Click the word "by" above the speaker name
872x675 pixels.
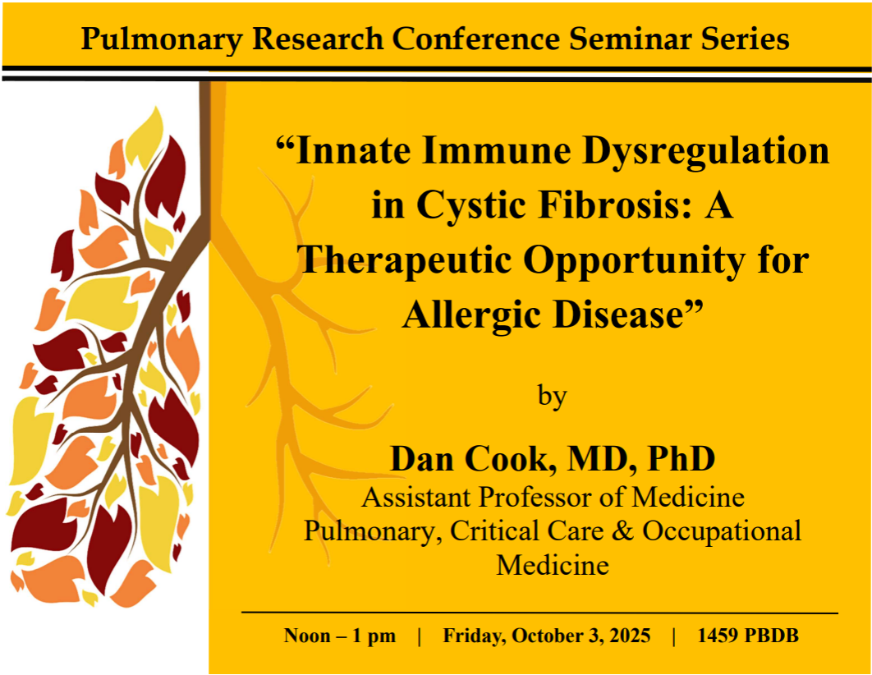(553, 397)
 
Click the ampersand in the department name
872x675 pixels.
(622, 530)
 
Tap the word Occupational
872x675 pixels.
(722, 532)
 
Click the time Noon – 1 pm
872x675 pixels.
(340, 636)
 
